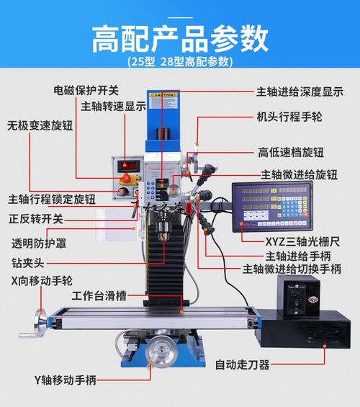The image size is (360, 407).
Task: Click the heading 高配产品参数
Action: tap(180, 38)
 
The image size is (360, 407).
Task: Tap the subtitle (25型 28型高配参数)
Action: tap(180, 61)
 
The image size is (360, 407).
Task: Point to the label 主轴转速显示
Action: tap(113, 106)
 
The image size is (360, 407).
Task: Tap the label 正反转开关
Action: tap(36, 219)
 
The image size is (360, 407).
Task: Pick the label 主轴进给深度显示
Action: tap(300, 92)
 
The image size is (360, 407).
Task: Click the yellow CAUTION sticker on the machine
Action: tap(163, 94)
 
